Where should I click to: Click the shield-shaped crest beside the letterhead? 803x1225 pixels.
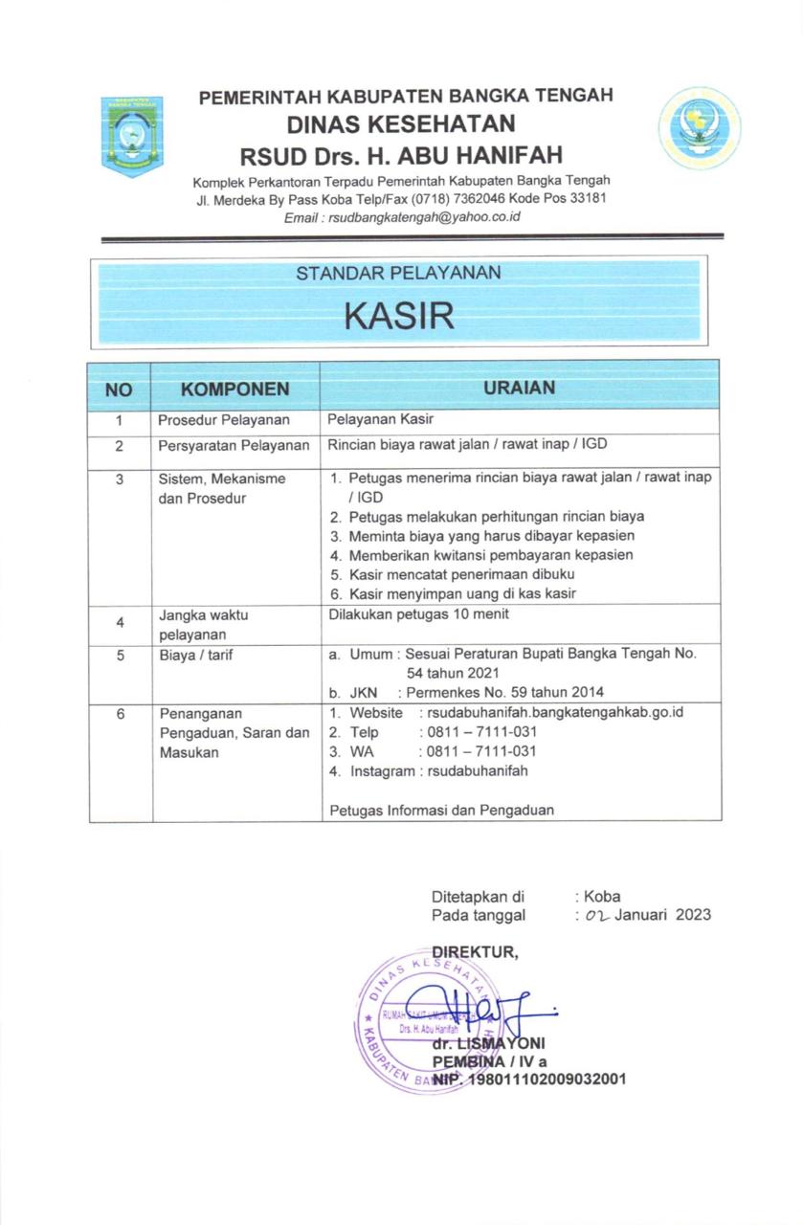coord(132,135)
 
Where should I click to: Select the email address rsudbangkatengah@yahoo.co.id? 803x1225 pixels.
coord(424,218)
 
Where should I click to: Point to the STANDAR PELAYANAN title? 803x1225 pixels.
coord(398,274)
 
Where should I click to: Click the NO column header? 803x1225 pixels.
coord(119,390)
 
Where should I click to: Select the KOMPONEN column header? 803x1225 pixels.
coord(234,390)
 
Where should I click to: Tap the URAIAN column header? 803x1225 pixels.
coord(519,389)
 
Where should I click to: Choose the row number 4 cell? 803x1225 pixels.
coord(119,623)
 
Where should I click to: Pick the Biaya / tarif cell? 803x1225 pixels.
coord(196,656)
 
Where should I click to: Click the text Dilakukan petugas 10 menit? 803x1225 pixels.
coord(418,615)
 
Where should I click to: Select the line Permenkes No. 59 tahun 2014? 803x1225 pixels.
coord(504,693)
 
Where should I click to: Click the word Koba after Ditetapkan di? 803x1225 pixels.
coord(602,897)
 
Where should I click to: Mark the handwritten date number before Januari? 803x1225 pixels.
coord(596,916)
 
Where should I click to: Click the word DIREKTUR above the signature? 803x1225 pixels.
coord(475,951)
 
